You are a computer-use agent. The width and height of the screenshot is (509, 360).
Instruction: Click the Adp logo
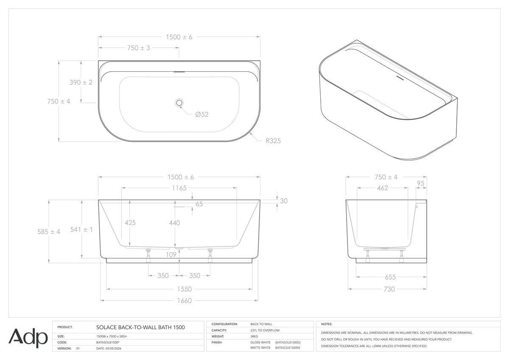click(28, 338)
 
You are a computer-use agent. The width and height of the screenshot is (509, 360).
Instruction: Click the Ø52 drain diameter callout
click(202, 114)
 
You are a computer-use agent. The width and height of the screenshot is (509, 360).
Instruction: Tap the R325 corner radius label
click(273, 141)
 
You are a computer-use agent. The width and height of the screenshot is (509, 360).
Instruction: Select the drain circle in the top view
click(179, 103)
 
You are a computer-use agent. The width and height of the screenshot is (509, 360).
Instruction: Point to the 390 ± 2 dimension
click(81, 82)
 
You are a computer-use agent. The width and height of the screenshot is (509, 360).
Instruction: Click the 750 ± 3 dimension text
click(139, 48)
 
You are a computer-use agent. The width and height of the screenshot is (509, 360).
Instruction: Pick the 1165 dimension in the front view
click(179, 188)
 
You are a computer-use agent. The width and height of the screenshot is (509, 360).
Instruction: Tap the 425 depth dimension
click(130, 222)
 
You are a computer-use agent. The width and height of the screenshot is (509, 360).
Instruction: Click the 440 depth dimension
click(174, 223)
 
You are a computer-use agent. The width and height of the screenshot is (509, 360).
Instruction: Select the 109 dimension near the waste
click(171, 255)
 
